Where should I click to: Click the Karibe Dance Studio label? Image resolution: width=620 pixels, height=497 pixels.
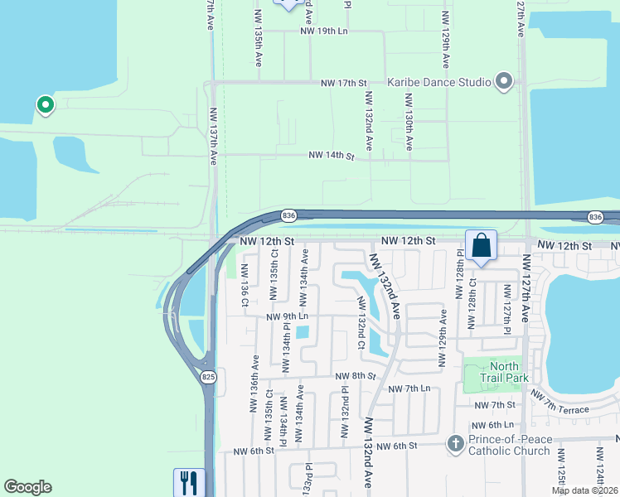[x=439, y=83]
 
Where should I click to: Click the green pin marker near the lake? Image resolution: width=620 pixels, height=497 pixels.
[x=45, y=105]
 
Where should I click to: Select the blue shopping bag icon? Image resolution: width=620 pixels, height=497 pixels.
[x=481, y=245]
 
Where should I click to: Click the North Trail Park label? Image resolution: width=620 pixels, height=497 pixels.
[x=504, y=372]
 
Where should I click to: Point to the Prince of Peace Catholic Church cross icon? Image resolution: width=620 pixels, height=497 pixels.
[x=454, y=445]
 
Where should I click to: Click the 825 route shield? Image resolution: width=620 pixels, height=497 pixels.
[x=209, y=377]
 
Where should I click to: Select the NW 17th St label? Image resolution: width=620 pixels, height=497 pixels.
[x=344, y=84]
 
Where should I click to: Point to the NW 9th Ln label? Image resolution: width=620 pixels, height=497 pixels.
[x=287, y=316]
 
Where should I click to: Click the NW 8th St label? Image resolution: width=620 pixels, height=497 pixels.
[x=356, y=376]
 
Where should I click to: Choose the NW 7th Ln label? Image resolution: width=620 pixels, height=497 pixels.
[x=409, y=388]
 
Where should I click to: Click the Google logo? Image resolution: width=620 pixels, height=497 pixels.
[x=27, y=487]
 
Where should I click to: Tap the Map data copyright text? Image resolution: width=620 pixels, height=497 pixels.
[x=585, y=490]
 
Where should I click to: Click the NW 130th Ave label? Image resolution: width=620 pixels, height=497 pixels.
[x=409, y=122]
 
